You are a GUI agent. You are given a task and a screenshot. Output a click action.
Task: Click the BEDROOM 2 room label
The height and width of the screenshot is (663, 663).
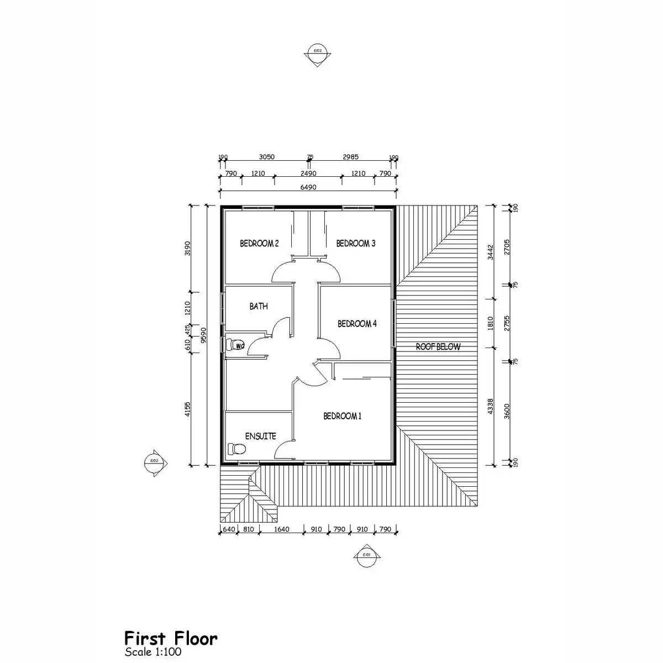pos(259,243)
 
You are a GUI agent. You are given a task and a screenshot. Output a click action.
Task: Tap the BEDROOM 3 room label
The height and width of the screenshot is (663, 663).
pos(356,243)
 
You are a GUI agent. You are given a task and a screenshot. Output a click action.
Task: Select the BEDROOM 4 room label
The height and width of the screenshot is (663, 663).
pos(357,324)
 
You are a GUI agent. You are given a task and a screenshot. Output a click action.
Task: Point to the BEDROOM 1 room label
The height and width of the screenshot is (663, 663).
pos(343,416)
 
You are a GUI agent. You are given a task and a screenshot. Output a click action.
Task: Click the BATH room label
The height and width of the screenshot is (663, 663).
pos(259,306)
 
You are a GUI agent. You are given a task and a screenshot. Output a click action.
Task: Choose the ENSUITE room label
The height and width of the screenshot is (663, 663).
pos(260,436)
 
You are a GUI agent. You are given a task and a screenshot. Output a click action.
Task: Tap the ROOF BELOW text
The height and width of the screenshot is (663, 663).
pos(438,347)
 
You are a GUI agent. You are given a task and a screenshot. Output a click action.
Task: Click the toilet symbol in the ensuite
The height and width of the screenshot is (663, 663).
pos(236,448)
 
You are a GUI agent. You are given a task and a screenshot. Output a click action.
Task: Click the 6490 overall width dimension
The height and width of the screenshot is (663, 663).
pos(308,187)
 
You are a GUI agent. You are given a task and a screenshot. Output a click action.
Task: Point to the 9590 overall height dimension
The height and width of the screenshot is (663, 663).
pos(204,335)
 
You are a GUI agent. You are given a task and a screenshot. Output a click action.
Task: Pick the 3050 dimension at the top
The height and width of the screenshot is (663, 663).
pos(267,157)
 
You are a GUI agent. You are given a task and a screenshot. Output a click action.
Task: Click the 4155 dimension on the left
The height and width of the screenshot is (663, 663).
pos(188,409)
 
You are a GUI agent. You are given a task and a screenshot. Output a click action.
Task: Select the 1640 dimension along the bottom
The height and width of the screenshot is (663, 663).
pos(282,529)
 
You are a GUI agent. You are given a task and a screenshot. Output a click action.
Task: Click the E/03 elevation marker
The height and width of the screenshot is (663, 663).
pos(318,54)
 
